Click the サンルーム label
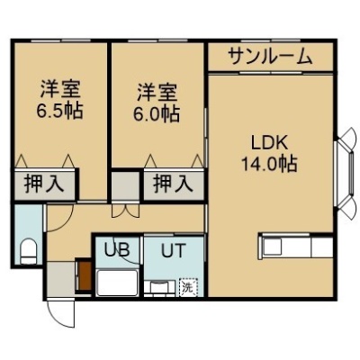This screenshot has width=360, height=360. pyautogui.click(x=270, y=57)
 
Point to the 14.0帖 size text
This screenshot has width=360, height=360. pyautogui.click(x=270, y=164)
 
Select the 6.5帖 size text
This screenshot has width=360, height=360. pyautogui.click(x=59, y=112)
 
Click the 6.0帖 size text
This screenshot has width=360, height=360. pyautogui.click(x=157, y=113)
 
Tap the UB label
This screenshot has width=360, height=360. pyautogui.click(x=117, y=249)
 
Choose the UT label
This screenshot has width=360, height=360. pyautogui.click(x=173, y=250)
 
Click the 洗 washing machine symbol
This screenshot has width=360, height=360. pyautogui.click(x=188, y=287)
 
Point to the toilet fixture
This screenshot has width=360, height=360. pyautogui.click(x=29, y=251)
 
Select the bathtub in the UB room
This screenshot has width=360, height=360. pyautogui.click(x=118, y=282)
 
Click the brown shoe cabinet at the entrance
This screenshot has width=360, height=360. pyautogui.click(x=85, y=275)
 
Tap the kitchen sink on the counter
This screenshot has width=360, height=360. pyautogui.click(x=273, y=247)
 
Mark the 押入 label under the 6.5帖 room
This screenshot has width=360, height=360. pyautogui.click(x=44, y=184)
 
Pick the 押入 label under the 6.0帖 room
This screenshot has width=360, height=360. pyautogui.click(x=173, y=184)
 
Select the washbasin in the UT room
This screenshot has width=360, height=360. pyautogui.click(x=159, y=288)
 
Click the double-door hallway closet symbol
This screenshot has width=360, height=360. pyautogui.click(x=126, y=211)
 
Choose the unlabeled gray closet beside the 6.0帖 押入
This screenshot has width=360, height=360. pyautogui.click(x=126, y=186)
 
